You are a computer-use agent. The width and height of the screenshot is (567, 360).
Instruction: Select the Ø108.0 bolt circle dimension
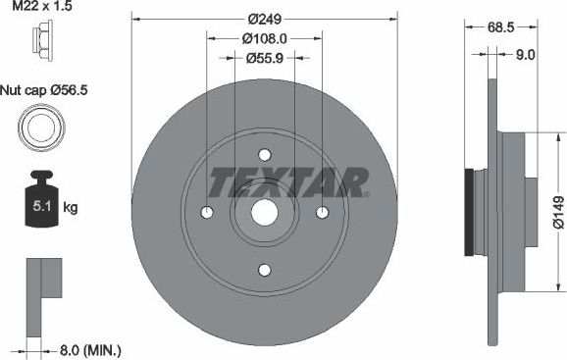pyautogui.click(x=265, y=38)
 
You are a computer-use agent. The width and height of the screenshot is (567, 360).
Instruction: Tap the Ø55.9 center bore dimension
pyautogui.click(x=265, y=59)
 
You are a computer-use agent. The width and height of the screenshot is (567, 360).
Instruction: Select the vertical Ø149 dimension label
pyautogui.click(x=557, y=211)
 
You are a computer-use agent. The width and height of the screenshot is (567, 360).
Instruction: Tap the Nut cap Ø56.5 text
pyautogui.click(x=43, y=89)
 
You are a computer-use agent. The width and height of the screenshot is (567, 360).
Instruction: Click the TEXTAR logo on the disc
pyautogui.click(x=289, y=181)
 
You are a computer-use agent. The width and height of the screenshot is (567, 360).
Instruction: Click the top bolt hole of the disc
pyautogui.click(x=265, y=154)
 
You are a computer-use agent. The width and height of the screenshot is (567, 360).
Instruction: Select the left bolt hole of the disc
pyautogui.click(x=206, y=213)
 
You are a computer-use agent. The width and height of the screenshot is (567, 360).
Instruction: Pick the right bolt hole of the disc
pyautogui.click(x=324, y=213)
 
